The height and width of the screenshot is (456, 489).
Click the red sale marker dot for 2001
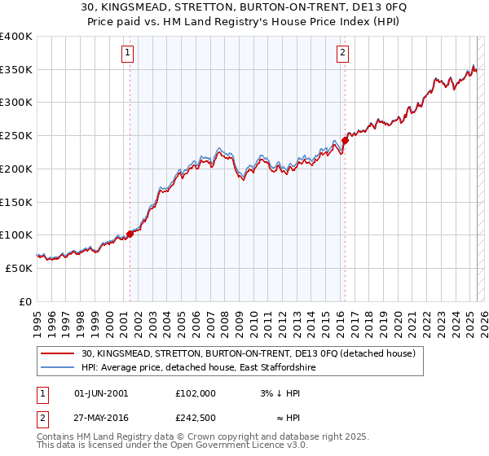(130, 234)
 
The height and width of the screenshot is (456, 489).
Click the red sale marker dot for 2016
(345, 140)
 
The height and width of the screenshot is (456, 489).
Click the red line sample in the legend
(58, 353)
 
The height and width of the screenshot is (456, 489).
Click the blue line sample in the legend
(58, 368)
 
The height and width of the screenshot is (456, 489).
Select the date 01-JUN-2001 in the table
(101, 392)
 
